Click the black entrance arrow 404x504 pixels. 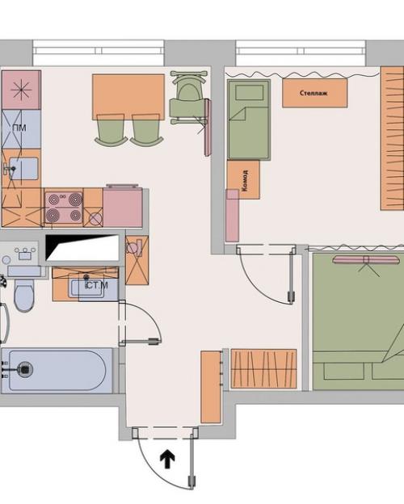pyautogui.click(x=167, y=459)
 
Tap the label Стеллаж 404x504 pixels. pyautogui.click(x=314, y=93)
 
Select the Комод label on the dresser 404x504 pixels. pyautogui.click(x=245, y=181)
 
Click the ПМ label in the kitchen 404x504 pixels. pyautogui.click(x=19, y=128)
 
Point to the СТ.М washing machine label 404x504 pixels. pyautogui.click(x=96, y=285)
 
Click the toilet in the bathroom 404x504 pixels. pyautogui.click(x=24, y=295)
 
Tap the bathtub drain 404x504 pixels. pyautogui.click(x=25, y=369)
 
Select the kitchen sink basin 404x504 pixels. pyautogui.click(x=23, y=169)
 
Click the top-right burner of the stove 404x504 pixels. pyautogui.click(x=75, y=199)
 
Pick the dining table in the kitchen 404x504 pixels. pyautogui.click(x=128, y=97)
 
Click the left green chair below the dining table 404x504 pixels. pyautogui.click(x=111, y=130)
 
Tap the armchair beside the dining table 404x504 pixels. pyautogui.click(x=188, y=98)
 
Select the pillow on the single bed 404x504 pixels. pyautogui.click(x=250, y=93)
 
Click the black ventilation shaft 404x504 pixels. pyautogui.click(x=82, y=247)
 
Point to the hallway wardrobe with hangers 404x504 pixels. pyautogui.click(x=263, y=369)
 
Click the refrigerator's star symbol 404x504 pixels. pyautogui.click(x=21, y=90)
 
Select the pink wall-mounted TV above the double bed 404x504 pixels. pyautogui.click(x=366, y=260)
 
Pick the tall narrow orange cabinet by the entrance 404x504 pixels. pyautogui.click(x=211, y=387)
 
